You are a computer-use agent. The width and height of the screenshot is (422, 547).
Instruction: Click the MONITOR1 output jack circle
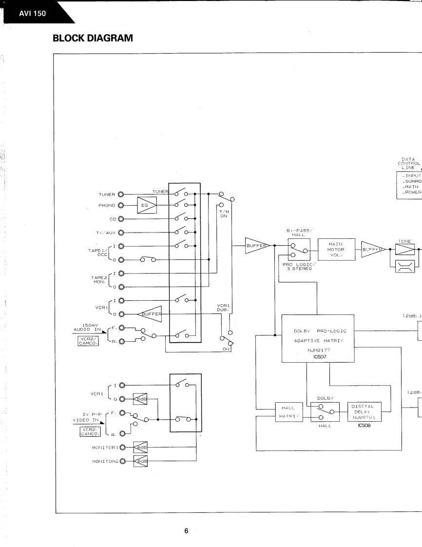[x=121, y=447]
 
